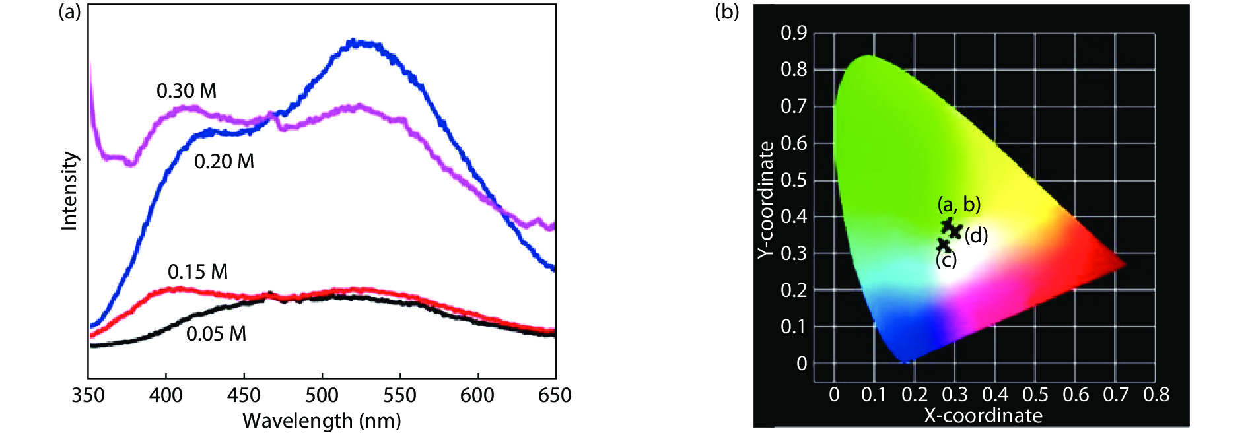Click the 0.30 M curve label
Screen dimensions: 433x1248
[186, 91]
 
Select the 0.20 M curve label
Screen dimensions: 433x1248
[224, 162]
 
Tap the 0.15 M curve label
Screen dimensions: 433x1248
[197, 272]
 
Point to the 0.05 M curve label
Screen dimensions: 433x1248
[216, 334]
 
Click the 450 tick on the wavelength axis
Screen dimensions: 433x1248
[244, 395]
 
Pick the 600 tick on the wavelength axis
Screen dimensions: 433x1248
[477, 395]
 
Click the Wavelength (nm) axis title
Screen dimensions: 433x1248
[322, 420]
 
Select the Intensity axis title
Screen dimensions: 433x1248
[69, 191]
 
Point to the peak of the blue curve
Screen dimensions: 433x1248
[355, 42]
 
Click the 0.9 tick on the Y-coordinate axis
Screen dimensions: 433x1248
[793, 33]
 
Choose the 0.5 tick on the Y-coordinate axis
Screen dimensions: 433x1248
[793, 180]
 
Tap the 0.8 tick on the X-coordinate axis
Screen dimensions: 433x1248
[1156, 395]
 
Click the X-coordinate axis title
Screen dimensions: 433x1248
[983, 416]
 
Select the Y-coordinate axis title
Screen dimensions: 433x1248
[765, 199]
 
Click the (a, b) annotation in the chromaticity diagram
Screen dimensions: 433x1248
[959, 204]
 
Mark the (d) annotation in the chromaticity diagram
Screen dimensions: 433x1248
[976, 236]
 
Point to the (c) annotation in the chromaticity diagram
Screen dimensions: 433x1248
[946, 261]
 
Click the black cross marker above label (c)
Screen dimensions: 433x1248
[944, 245]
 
